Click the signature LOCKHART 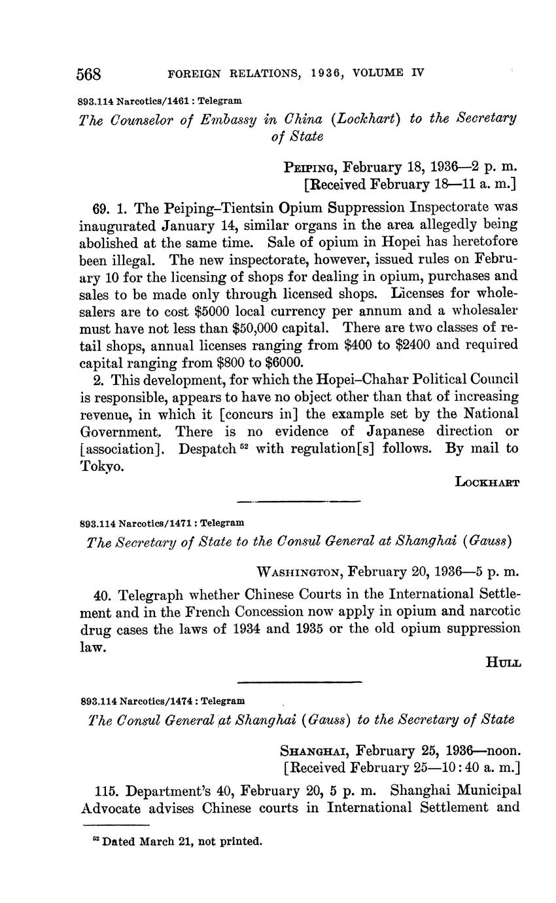pyautogui.click(x=487, y=483)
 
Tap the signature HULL pyautogui.click(x=503, y=663)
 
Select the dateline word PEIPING pyautogui.click(x=310, y=167)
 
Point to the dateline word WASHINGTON pyautogui.click(x=300, y=572)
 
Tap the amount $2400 pyautogui.click(x=416, y=344)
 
